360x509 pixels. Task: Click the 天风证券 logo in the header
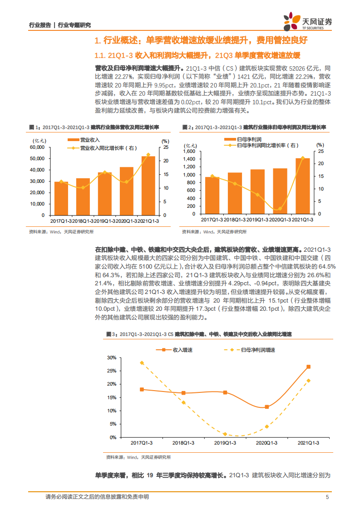pyautogui.click(x=307, y=20)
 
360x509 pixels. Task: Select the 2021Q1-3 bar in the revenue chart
pyautogui.click(x=148, y=186)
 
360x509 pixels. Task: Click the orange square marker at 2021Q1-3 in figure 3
pyautogui.click(x=309, y=367)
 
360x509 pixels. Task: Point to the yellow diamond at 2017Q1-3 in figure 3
pyautogui.click(x=142, y=363)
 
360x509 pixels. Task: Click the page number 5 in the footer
pyautogui.click(x=327, y=497)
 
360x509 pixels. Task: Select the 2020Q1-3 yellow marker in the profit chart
pyautogui.click(x=280, y=209)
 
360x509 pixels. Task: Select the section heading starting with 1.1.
pyautogui.click(x=197, y=56)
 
